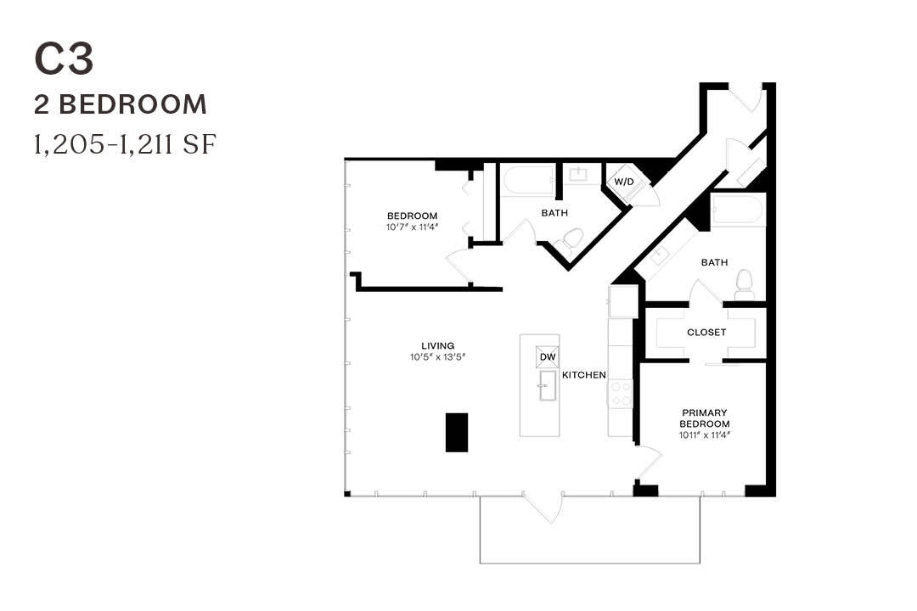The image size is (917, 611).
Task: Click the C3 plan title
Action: click(x=64, y=59)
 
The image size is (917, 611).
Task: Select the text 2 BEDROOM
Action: click(x=121, y=104)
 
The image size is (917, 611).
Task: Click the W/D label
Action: click(x=624, y=181)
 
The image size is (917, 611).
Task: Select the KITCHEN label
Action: click(x=584, y=374)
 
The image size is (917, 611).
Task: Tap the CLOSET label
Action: click(x=706, y=332)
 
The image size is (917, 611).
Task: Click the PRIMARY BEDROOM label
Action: click(x=705, y=418)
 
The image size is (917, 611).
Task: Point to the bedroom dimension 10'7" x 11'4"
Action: click(x=412, y=227)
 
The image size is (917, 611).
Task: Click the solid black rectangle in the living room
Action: click(x=457, y=432)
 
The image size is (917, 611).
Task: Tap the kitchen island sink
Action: click(x=548, y=386)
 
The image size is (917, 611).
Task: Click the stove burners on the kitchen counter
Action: click(x=621, y=393)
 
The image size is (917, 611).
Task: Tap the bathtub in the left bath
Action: click(x=527, y=180)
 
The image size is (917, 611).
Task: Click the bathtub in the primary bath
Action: click(x=738, y=210)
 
